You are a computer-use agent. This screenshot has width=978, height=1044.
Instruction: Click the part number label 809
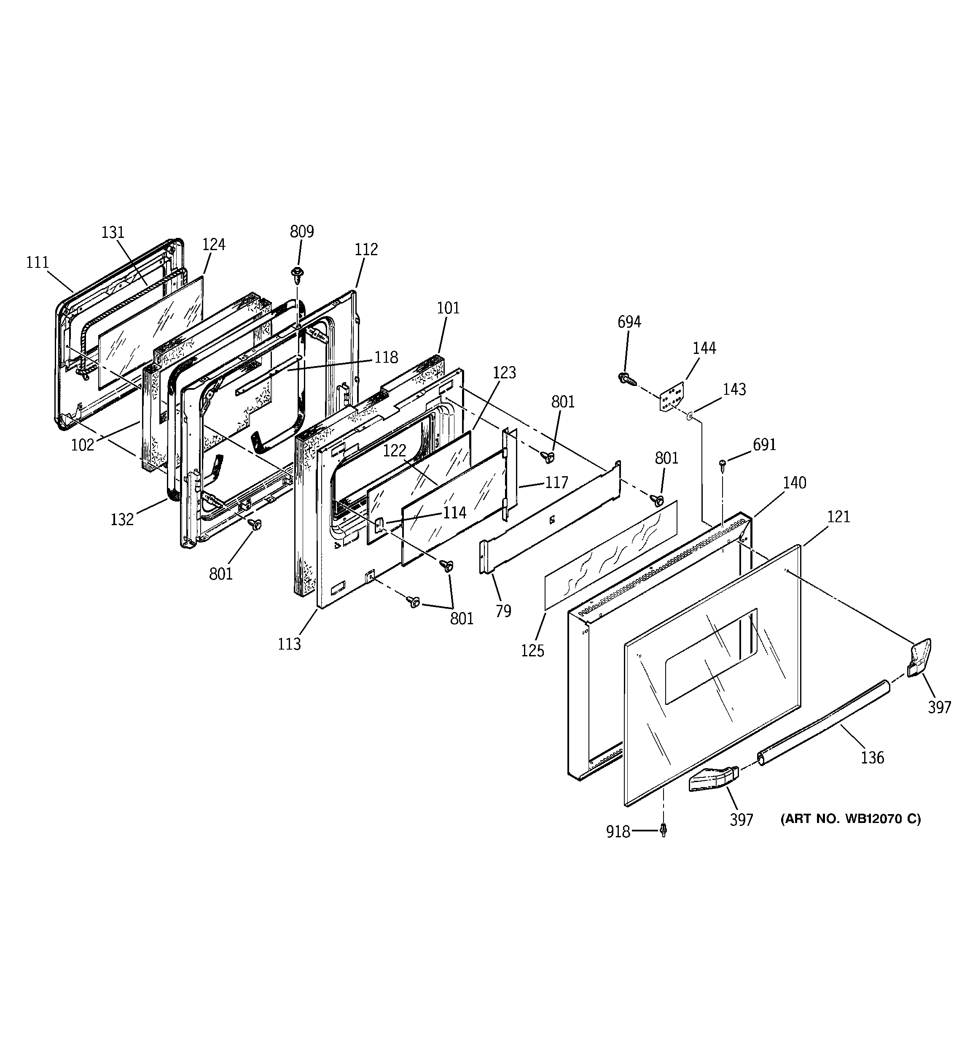coord(302,232)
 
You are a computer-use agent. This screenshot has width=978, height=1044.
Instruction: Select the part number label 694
coord(629,322)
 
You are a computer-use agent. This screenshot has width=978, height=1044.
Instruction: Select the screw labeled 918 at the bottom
coord(664,830)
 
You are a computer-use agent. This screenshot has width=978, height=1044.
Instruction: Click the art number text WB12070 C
coord(850,819)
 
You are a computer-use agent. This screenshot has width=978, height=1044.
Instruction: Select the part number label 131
coord(113,233)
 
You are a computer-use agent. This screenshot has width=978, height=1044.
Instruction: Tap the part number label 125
coord(533,651)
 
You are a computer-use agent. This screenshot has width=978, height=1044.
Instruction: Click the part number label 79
coord(503,611)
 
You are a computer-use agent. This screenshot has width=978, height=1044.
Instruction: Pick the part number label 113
coord(289,644)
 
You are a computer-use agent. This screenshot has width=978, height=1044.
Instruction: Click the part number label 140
coord(794,483)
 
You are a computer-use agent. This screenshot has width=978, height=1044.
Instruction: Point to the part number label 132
coord(122,519)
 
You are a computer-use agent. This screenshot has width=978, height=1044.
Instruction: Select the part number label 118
coord(386,358)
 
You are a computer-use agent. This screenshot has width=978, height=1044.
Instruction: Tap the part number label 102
coord(83,445)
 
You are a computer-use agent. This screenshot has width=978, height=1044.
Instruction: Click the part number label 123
coord(504,373)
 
